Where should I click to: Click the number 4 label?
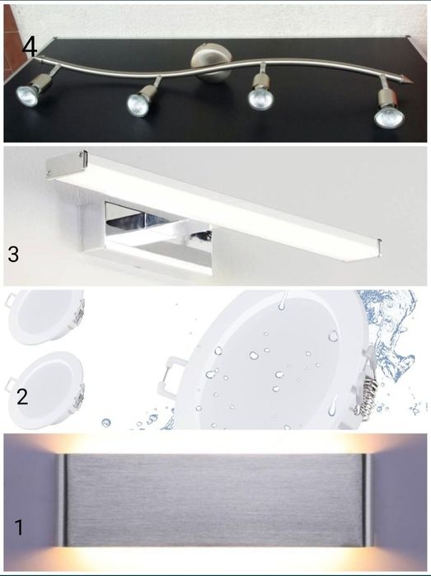click(30, 48)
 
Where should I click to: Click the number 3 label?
click(13, 254)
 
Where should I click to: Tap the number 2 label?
click(22, 396)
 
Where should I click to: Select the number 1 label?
click(19, 527)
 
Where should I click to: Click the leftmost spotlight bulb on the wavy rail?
click(27, 96)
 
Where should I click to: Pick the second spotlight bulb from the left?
click(138, 105)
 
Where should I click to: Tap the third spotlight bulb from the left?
click(260, 98)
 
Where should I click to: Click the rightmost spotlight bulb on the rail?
click(389, 116)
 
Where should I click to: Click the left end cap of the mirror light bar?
click(66, 162)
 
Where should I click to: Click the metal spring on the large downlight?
click(364, 397)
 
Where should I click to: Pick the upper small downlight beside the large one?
click(45, 316)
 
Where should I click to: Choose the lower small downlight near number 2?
click(45, 390)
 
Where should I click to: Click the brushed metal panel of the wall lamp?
click(214, 499)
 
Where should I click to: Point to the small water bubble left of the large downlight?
click(105, 423)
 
